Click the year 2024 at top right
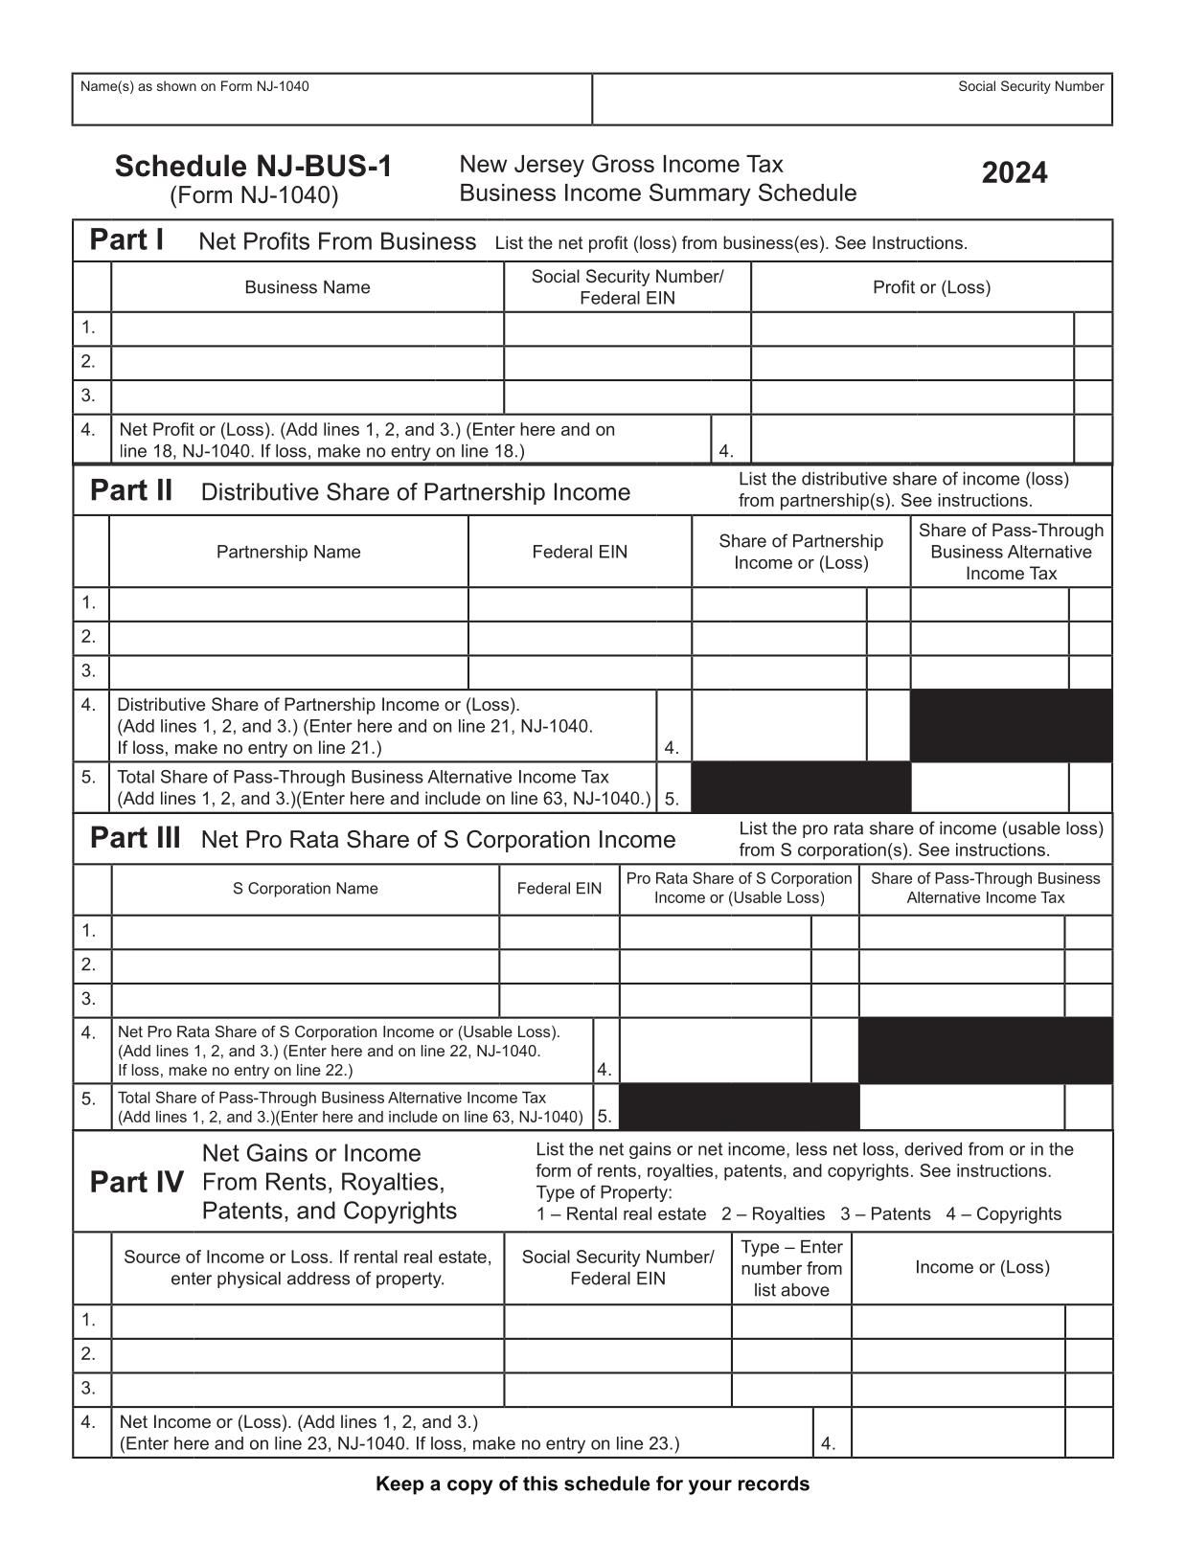pos(1015,173)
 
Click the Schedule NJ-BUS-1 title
pos(254,167)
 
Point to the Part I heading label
pos(125,239)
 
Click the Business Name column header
pos(307,287)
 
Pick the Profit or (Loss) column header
pos(931,287)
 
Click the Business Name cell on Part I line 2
pos(307,363)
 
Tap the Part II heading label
pos(131,490)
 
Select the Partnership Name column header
pos(288,552)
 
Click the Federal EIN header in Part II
pos(580,552)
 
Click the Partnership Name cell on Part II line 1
pos(288,603)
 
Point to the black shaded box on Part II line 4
pos(1011,726)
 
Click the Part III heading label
pos(134,838)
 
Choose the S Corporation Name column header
pos(305,889)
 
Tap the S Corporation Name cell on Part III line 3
pos(305,1000)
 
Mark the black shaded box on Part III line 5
pos(740,1106)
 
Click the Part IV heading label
pos(136,1183)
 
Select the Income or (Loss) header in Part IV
pos(982,1267)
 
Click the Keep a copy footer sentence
pos(592,1484)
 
